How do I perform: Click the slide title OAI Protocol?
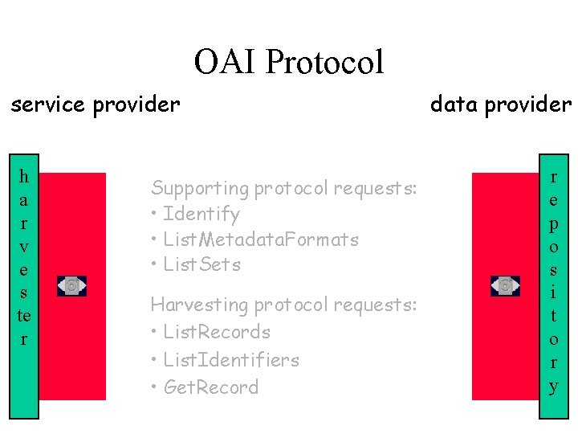pyautogui.click(x=289, y=62)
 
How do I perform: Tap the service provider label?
pyautogui.click(x=96, y=104)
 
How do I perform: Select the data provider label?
pyautogui.click(x=501, y=104)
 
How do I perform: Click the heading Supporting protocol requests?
pyautogui.click(x=284, y=188)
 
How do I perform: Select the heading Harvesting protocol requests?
pyautogui.click(x=284, y=305)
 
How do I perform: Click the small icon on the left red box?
pyautogui.click(x=71, y=285)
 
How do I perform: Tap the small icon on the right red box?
pyautogui.click(x=505, y=285)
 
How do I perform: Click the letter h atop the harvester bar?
pyautogui.click(x=23, y=175)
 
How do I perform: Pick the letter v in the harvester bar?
pyautogui.click(x=23, y=245)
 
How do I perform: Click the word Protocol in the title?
pyautogui.click(x=324, y=62)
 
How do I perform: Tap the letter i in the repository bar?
pyautogui.click(x=553, y=293)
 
